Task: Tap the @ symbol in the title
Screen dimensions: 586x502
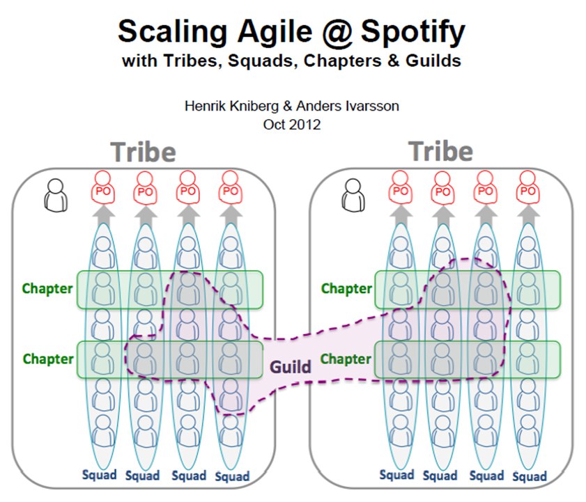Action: click(x=337, y=33)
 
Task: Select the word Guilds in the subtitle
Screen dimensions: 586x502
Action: click(x=433, y=61)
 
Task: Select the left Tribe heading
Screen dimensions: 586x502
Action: click(x=143, y=152)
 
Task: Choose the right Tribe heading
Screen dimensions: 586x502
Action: click(x=441, y=151)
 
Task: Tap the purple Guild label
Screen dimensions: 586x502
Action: click(x=291, y=367)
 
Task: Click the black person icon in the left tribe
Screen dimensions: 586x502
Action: click(x=56, y=196)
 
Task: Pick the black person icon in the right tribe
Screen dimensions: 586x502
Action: click(x=353, y=195)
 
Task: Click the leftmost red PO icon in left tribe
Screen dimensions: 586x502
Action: click(x=102, y=187)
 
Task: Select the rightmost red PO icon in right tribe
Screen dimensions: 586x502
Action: click(x=527, y=187)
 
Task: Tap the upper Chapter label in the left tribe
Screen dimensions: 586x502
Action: click(x=47, y=289)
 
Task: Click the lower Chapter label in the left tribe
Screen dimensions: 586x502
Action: click(x=48, y=359)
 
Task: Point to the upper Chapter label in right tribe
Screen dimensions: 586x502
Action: click(x=346, y=289)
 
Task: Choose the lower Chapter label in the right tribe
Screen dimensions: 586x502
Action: click(x=346, y=359)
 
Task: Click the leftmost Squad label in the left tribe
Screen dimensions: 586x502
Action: click(x=100, y=475)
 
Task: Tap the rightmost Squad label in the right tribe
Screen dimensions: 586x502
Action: click(x=530, y=476)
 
